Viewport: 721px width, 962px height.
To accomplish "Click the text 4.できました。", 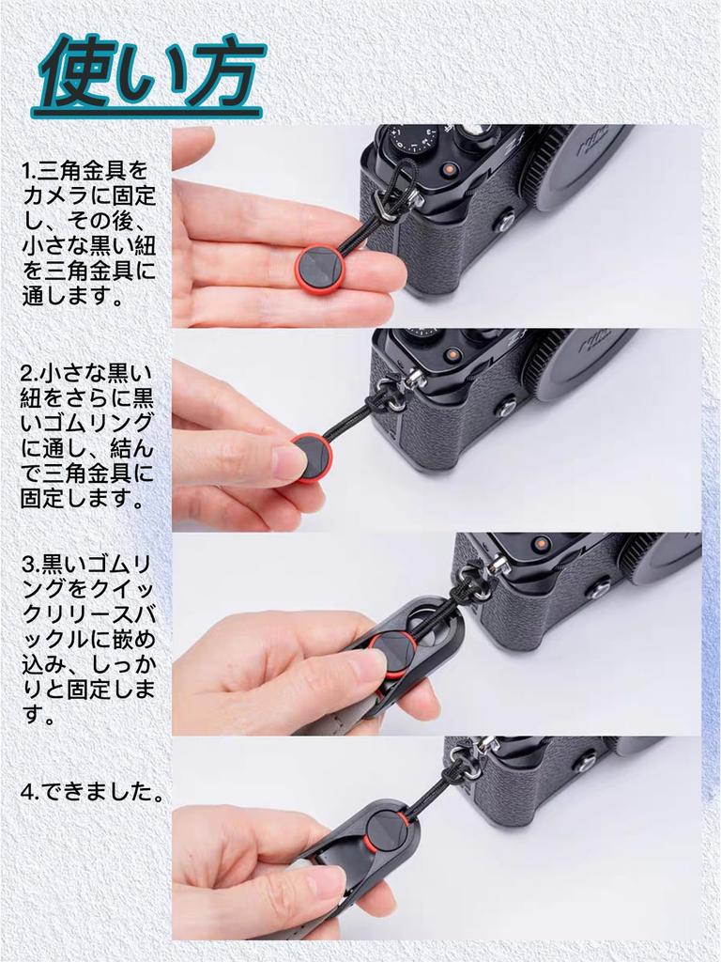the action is coord(93,791).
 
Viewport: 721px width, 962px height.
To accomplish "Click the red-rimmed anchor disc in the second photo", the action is coord(312,458).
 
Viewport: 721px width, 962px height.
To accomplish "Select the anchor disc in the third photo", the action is coord(391,654).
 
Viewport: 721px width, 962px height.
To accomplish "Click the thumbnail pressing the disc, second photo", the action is coord(289,461).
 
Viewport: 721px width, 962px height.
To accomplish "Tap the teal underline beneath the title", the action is coord(147,113).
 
